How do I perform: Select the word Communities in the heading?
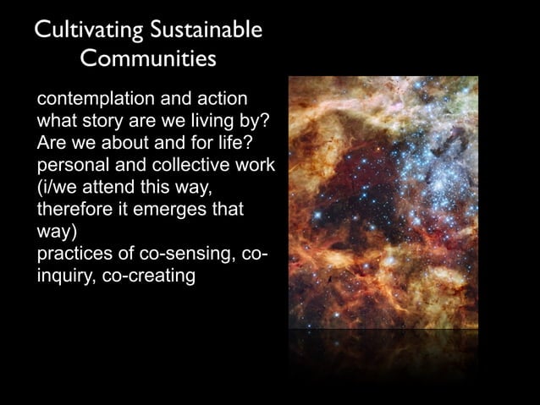click(148, 60)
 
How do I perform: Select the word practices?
click(74, 254)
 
